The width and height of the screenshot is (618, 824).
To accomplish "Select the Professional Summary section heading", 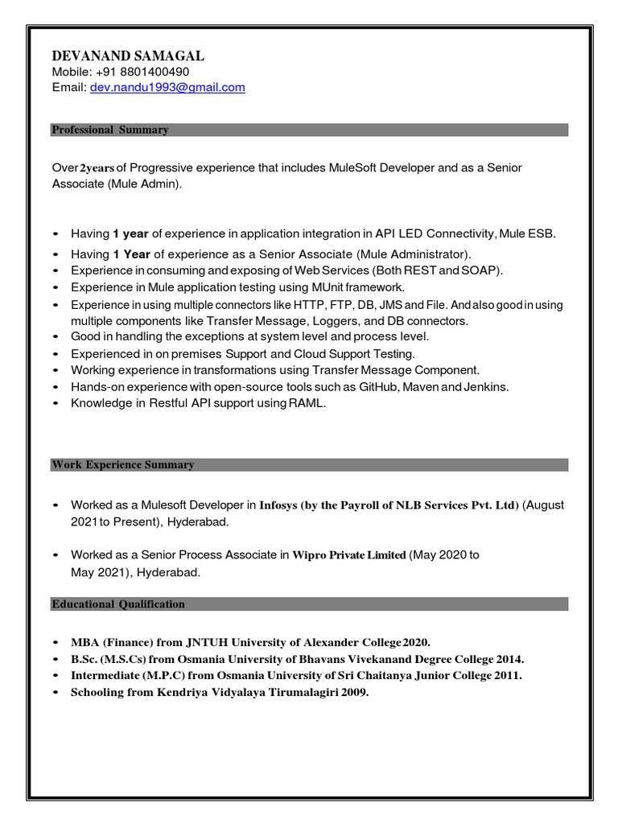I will [x=109, y=130].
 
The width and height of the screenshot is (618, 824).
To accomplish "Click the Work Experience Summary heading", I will [x=122, y=465].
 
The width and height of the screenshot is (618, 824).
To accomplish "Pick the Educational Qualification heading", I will [x=118, y=604].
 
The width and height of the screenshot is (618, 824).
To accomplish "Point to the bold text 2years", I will [x=97, y=167].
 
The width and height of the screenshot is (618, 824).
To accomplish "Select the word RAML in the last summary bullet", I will [x=311, y=403].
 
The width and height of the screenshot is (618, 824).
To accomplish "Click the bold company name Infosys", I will [x=278, y=505].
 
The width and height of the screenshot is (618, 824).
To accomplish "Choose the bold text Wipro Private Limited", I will [x=349, y=554].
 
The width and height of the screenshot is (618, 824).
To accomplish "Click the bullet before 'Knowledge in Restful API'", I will [x=55, y=404].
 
